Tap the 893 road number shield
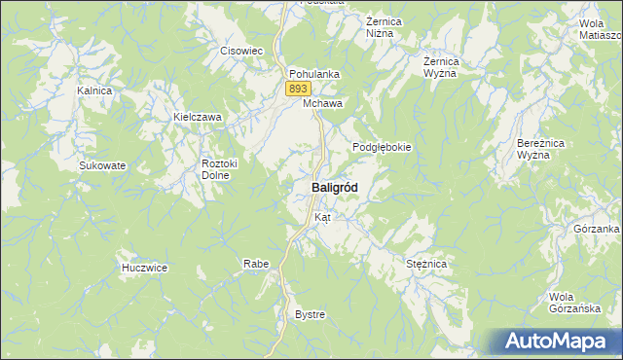click(298, 89)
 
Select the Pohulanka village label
click(312, 73)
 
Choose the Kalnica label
click(95, 90)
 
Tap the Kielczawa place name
click(198, 117)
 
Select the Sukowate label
click(102, 165)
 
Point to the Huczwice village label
click(145, 267)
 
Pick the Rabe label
click(256, 264)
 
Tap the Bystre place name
click(310, 314)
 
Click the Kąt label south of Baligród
click(322, 217)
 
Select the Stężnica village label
click(425, 264)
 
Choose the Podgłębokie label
click(382, 147)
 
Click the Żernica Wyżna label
click(441, 67)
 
